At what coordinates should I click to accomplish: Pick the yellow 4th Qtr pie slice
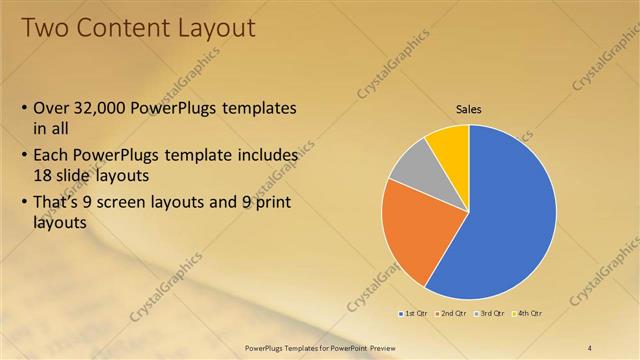pyautogui.click(x=449, y=145)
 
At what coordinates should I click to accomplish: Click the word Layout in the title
pyautogui.click(x=214, y=27)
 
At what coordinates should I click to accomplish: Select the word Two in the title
pyautogui.click(x=44, y=27)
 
